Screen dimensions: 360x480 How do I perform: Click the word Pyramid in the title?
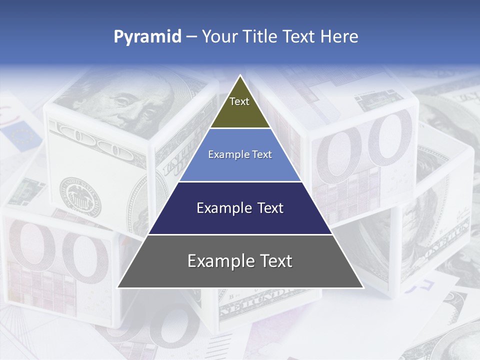(x=147, y=37)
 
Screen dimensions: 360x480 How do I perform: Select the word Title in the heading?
(x=260, y=37)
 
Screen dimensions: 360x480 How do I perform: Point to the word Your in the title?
(x=218, y=37)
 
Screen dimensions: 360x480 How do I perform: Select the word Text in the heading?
(x=299, y=37)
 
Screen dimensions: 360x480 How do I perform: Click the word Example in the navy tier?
(x=222, y=208)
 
